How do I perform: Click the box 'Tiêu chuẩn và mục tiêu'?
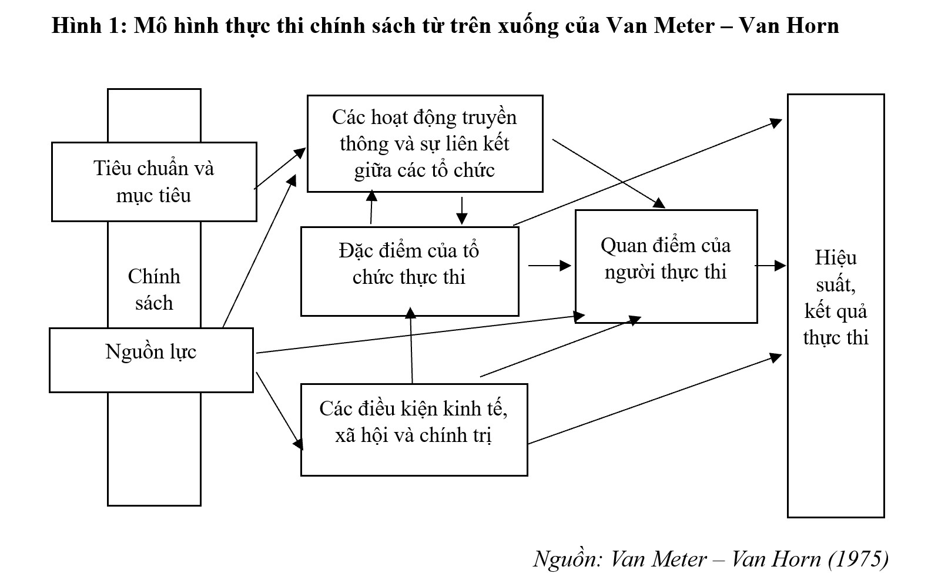pyautogui.click(x=154, y=182)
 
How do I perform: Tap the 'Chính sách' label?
pyautogui.click(x=154, y=290)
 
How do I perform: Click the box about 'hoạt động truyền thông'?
pyautogui.click(x=424, y=143)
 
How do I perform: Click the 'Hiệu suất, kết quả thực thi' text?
pyautogui.click(x=835, y=297)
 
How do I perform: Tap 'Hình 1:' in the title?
pyautogui.click(x=89, y=25)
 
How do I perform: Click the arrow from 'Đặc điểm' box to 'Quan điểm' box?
pyautogui.click(x=550, y=266)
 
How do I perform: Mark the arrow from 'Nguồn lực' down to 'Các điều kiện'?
pyautogui.click(x=279, y=410)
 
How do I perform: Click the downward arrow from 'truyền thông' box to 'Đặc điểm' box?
pyautogui.click(x=462, y=210)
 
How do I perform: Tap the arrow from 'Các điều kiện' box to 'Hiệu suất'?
pyautogui.click(x=655, y=399)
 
